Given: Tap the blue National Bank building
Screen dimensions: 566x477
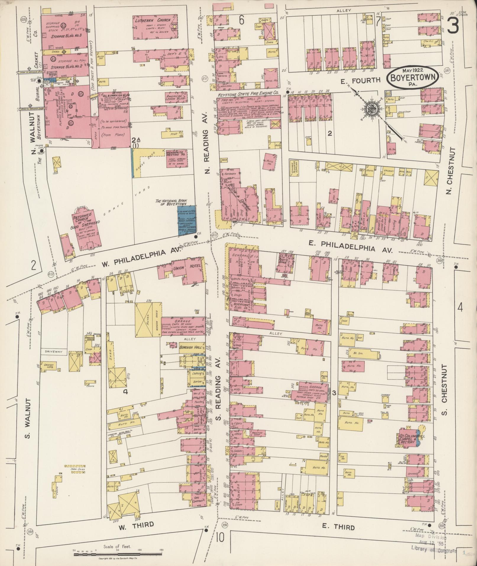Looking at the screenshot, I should click(186, 220).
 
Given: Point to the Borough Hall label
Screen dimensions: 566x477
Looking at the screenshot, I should click(190, 345).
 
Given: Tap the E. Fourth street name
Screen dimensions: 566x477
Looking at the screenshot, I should click(360, 80).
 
